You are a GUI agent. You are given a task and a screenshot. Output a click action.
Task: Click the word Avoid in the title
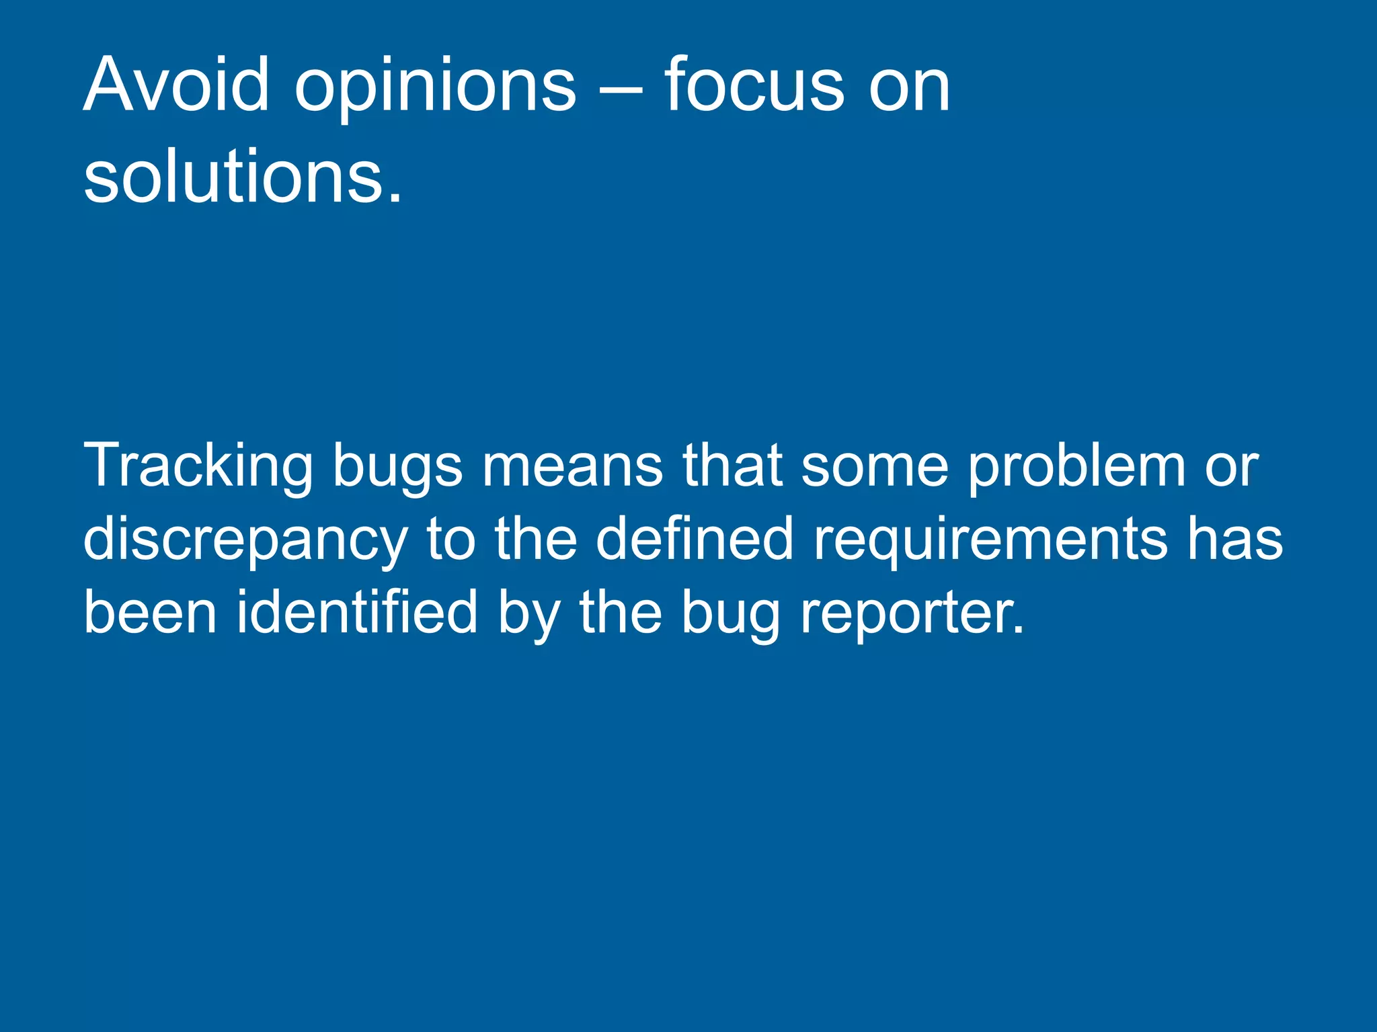pyautogui.click(x=176, y=85)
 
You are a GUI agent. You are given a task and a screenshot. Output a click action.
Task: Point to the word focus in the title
pyautogui.click(x=754, y=85)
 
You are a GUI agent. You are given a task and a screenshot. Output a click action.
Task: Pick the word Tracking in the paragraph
pyautogui.click(x=198, y=467)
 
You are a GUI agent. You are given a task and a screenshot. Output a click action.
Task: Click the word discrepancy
pyautogui.click(x=245, y=541)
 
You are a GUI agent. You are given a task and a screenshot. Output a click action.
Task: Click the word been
pyautogui.click(x=150, y=612)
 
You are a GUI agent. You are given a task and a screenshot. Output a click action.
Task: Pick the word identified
pyautogui.click(x=356, y=612)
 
